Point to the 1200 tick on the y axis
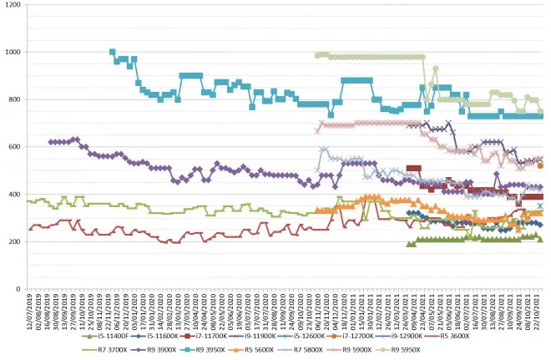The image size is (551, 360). click(13, 5)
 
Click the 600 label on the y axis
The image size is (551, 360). click(16, 147)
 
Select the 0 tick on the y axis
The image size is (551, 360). click(20, 289)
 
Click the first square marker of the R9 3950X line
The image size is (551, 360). click(113, 52)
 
